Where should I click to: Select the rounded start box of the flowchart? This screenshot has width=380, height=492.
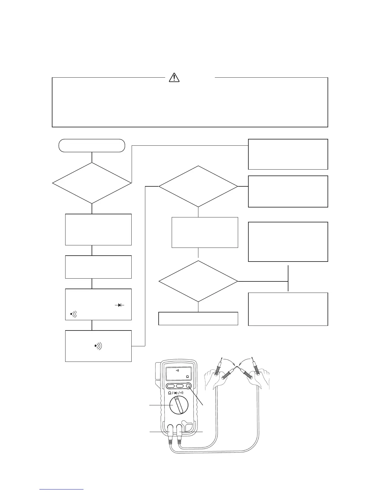tap(92, 145)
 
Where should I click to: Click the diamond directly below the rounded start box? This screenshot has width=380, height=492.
tap(92, 183)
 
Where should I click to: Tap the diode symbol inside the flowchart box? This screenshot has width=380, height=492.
tap(120, 305)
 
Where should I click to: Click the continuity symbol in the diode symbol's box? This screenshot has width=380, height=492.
tap(74, 314)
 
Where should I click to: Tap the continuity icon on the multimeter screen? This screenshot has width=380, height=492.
tap(178, 371)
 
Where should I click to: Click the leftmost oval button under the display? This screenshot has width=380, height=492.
tap(170, 386)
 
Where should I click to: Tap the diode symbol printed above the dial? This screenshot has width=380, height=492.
tap(176, 393)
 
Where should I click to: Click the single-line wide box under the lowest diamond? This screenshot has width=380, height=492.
tap(198, 318)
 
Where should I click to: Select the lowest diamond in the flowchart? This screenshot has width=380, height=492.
tap(198, 281)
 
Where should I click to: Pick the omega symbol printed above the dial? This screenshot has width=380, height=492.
tap(170, 393)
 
